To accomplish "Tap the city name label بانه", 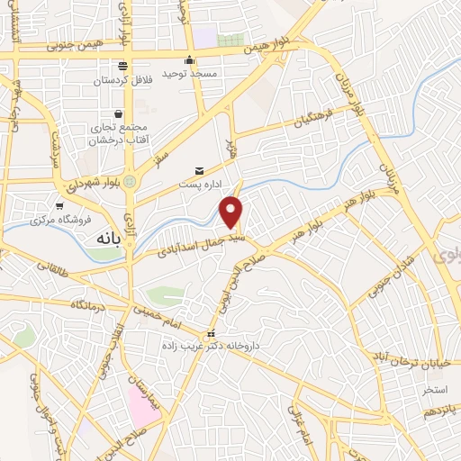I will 105,239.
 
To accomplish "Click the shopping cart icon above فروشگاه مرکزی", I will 59,205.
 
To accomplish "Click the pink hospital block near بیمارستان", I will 142,407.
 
